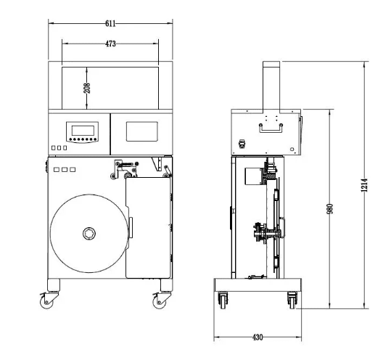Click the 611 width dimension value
[x=110, y=24]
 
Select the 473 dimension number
[x=110, y=44]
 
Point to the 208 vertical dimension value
[x=87, y=88]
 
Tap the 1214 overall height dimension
[x=364, y=185]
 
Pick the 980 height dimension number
[x=329, y=209]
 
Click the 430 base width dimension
[x=258, y=337]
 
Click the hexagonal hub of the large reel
[x=89, y=234]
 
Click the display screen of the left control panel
[x=83, y=131]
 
